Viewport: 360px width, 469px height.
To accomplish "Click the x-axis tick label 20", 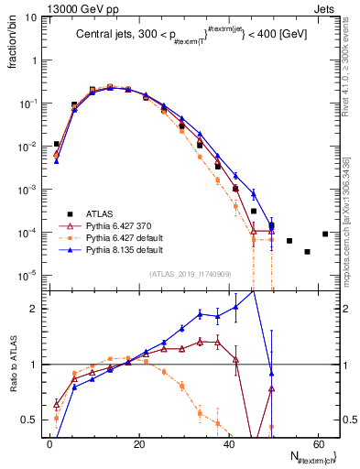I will coord(139,442).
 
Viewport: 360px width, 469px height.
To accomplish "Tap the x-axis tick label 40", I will coord(229,442).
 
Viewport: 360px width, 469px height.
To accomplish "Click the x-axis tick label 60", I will coord(319,442).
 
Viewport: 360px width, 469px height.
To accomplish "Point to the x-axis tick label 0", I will coord(49,442).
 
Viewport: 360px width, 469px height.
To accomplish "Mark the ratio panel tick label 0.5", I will coord(33,420).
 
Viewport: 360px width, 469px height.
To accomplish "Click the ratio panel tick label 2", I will coord(37,309).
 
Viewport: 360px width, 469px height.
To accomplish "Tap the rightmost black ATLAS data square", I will coord(325,234).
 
